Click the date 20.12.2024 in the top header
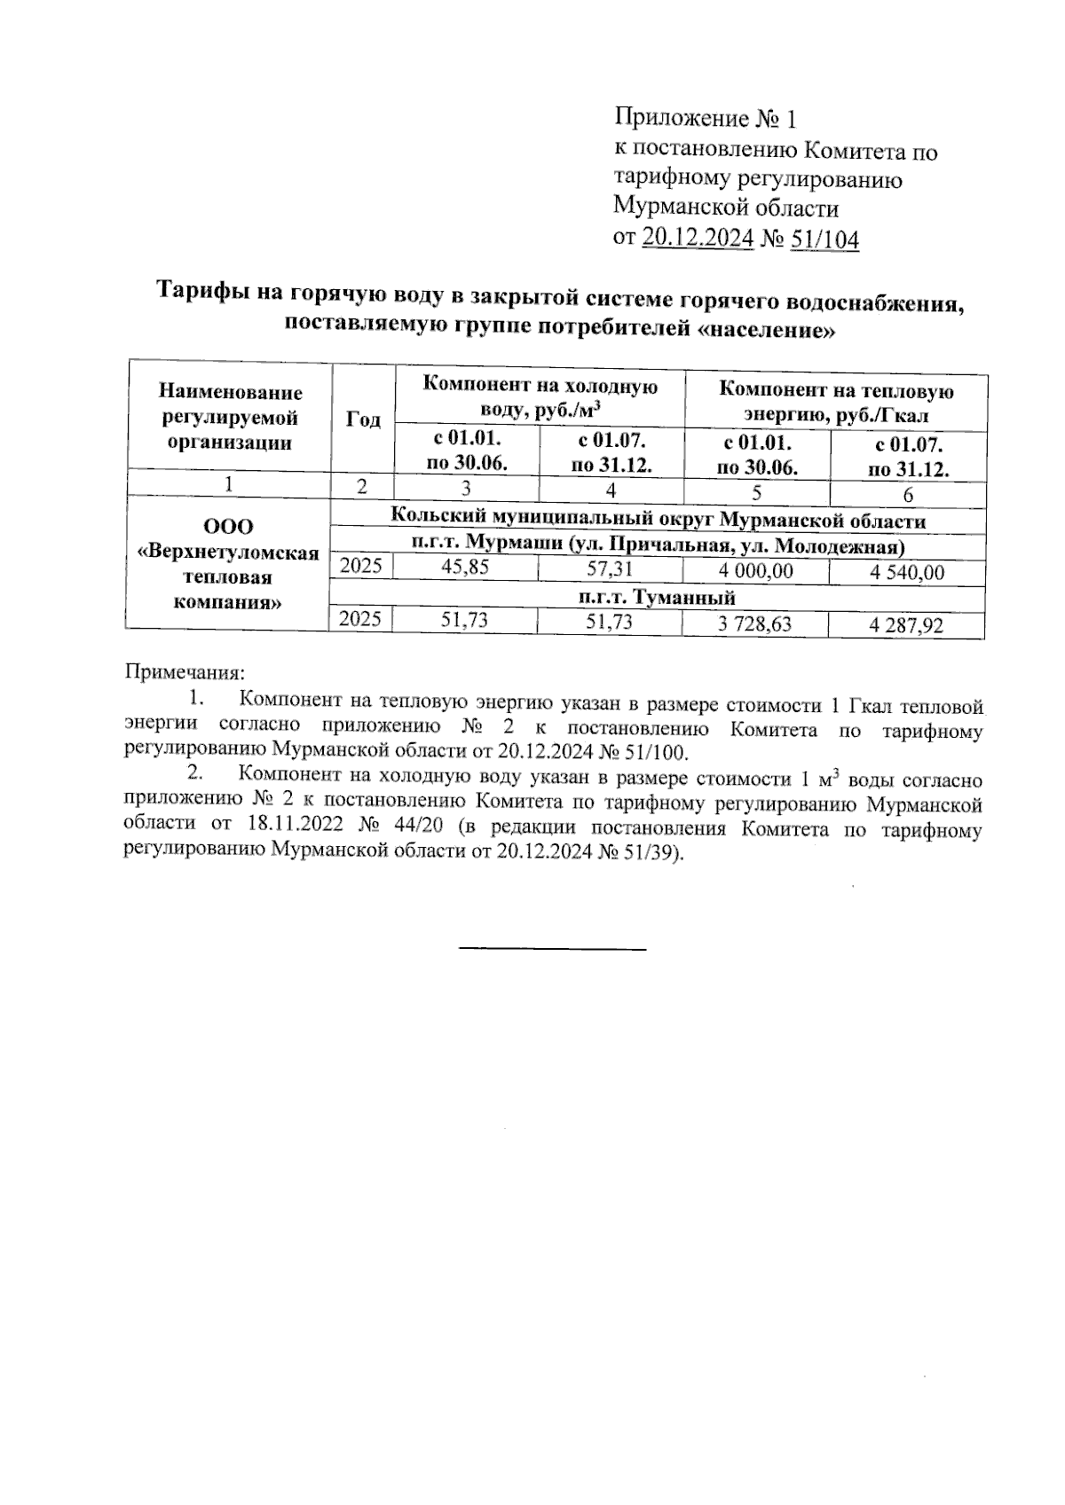(698, 239)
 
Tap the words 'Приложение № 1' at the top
(706, 118)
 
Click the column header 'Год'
(362, 419)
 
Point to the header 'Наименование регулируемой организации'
(230, 417)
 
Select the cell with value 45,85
(465, 568)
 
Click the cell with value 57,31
(610, 568)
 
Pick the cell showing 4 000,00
(755, 571)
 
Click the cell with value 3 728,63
(755, 623)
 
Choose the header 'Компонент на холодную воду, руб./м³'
(540, 398)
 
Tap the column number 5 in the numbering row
(755, 492)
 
